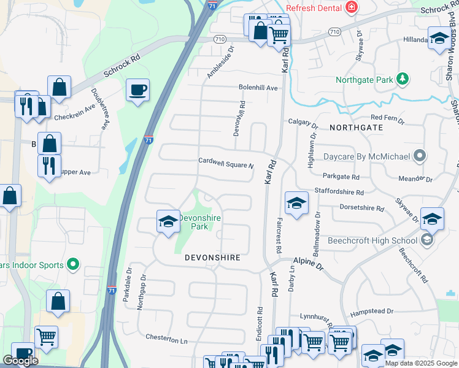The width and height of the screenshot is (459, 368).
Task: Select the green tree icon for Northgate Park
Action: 402,79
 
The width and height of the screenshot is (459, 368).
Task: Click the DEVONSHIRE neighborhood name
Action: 212,258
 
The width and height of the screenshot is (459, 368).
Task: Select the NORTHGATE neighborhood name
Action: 356,128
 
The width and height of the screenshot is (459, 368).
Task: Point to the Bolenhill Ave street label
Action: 258,88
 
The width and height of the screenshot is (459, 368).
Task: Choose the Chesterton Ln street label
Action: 166,338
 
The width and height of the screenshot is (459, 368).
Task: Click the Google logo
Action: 20,361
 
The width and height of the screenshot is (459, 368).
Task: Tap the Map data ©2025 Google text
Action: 422,363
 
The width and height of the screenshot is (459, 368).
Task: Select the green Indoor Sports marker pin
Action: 72,264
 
